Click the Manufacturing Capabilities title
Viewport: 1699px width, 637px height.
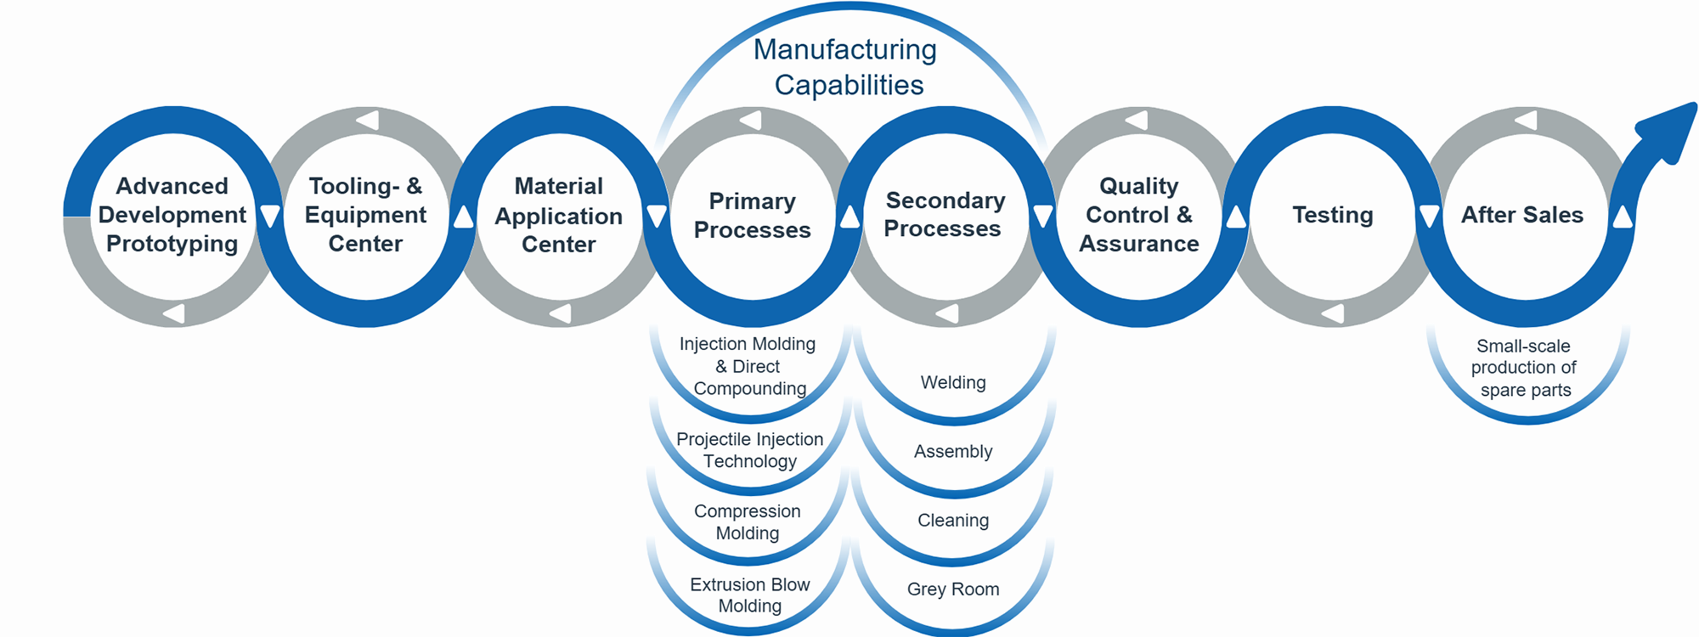point(846,67)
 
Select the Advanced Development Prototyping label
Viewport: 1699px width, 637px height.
point(172,215)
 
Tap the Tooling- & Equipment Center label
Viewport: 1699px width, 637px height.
point(365,215)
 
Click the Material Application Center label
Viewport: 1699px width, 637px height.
point(559,215)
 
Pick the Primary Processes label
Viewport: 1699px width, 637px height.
point(752,215)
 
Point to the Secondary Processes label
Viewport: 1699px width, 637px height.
point(944,214)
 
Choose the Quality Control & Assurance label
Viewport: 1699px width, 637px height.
point(1138,215)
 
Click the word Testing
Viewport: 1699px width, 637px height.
point(1332,215)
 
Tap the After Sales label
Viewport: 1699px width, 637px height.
point(1522,215)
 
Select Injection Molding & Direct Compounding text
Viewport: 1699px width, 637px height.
point(748,366)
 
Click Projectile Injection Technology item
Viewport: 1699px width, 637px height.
point(750,450)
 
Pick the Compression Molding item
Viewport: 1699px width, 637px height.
point(748,522)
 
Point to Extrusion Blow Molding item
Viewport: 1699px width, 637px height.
point(750,595)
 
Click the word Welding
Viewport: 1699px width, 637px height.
point(953,382)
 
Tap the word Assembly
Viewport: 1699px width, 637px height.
point(953,452)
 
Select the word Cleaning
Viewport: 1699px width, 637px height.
point(953,521)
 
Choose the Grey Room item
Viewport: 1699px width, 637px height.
point(953,589)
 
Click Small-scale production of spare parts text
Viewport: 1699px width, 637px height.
point(1525,368)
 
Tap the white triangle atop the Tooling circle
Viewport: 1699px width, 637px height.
point(368,120)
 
